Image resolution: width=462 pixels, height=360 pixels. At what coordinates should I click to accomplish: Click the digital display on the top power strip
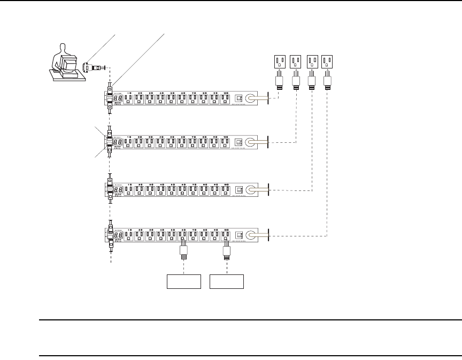[118, 99]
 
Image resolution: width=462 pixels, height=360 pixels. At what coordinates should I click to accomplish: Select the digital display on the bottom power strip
[118, 235]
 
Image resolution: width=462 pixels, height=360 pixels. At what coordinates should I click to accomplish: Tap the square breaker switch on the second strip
[238, 143]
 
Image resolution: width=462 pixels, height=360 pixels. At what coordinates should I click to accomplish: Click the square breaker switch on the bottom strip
[238, 234]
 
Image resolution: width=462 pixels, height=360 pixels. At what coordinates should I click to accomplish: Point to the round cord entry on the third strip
[250, 189]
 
